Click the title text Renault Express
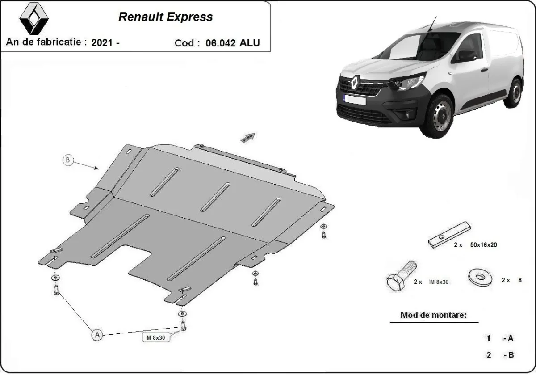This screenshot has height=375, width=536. tap(165, 17)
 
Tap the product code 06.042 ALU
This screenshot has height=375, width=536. tap(232, 43)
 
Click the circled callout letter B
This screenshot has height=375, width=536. tap(68, 160)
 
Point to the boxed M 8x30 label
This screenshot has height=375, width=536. tap(156, 338)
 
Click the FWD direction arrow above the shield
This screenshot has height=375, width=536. tap(248, 137)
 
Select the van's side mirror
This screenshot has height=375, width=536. tap(466, 56)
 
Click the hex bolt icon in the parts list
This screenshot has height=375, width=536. tap(399, 277)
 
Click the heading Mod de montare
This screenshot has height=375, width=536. tap(433, 315)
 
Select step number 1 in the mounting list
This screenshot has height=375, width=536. tap(489, 338)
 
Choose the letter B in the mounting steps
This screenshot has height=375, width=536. tap(510, 355)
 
